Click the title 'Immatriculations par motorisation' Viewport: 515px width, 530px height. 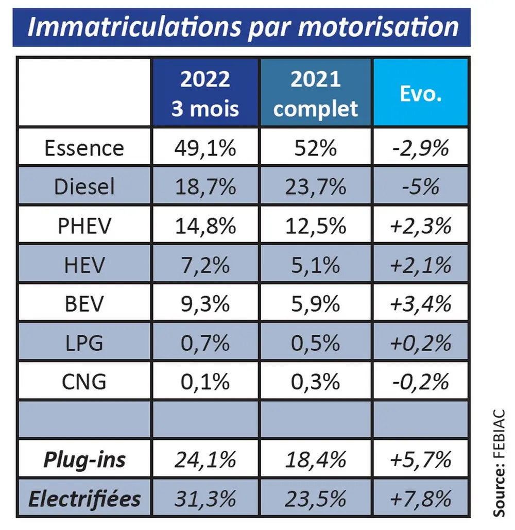point(242,27)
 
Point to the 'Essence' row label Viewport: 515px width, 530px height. point(84,148)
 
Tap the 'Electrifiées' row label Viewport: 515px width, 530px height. point(84,499)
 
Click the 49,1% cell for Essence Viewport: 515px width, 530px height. point(205,148)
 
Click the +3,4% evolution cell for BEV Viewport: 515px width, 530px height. point(421,304)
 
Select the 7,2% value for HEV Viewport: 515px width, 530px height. point(205,265)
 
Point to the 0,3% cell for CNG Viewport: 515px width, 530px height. point(316,382)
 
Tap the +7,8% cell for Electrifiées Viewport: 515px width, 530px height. point(421,499)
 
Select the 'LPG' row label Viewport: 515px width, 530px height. point(84,343)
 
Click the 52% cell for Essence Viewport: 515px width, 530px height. point(316,148)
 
